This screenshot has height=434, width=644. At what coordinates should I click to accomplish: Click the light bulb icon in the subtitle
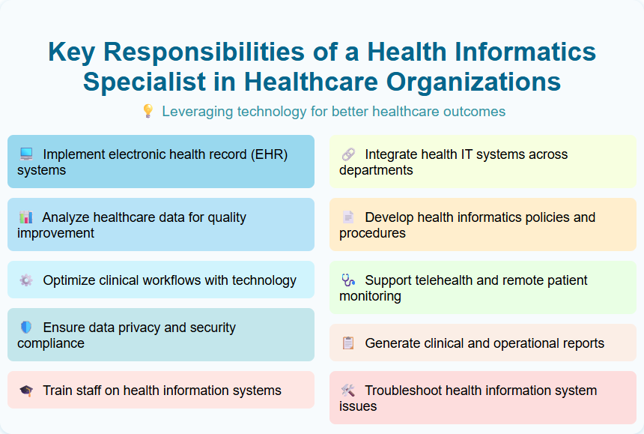coord(148,112)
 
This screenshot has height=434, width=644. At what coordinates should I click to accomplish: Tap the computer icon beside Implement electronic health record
coord(26,154)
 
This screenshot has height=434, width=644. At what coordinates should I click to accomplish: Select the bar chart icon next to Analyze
coord(26,217)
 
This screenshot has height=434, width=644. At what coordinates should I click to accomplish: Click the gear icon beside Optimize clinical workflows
coord(26,280)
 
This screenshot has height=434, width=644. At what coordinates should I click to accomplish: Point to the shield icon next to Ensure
coord(26,328)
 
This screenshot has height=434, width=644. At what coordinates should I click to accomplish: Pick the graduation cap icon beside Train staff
coord(26,391)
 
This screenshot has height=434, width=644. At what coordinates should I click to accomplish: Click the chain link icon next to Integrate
coord(348,154)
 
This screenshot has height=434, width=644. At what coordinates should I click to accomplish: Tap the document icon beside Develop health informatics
coord(348,217)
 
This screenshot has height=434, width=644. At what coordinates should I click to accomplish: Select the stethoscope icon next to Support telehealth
coord(348,280)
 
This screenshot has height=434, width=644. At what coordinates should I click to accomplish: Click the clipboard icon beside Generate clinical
coord(348,343)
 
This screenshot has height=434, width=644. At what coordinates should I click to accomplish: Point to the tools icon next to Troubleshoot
coord(348,391)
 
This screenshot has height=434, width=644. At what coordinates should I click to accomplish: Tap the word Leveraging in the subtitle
coord(197,112)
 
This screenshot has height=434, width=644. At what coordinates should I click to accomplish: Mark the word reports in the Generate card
coord(581,343)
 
